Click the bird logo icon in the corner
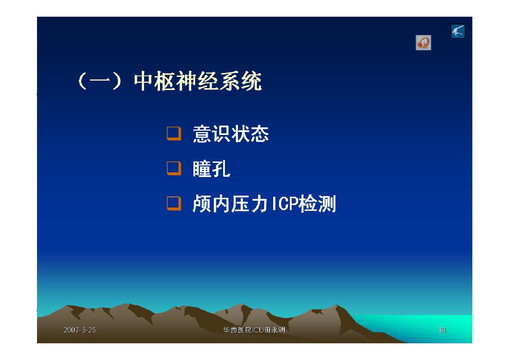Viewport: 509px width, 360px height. (458, 31)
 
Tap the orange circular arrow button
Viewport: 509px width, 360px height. (423, 43)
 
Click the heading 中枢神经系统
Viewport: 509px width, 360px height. (198, 81)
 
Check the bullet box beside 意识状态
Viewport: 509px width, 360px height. (174, 134)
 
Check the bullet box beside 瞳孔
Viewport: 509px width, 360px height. (174, 168)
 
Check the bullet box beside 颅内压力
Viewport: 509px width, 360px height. (174, 203)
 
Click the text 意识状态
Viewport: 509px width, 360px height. (231, 134)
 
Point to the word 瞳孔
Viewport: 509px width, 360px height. (212, 169)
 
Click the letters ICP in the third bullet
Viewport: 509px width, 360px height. (285, 204)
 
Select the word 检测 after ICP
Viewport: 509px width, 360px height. (317, 204)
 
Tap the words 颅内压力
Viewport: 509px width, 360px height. (230, 204)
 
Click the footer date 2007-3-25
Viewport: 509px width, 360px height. (80, 330)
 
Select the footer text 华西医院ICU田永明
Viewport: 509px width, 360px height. (254, 330)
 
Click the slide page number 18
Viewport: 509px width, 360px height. (442, 330)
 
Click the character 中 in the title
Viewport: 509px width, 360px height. (143, 81)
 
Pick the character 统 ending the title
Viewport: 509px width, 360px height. (252, 81)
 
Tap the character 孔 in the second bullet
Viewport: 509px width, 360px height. (221, 169)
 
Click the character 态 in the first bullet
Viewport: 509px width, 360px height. (259, 134)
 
